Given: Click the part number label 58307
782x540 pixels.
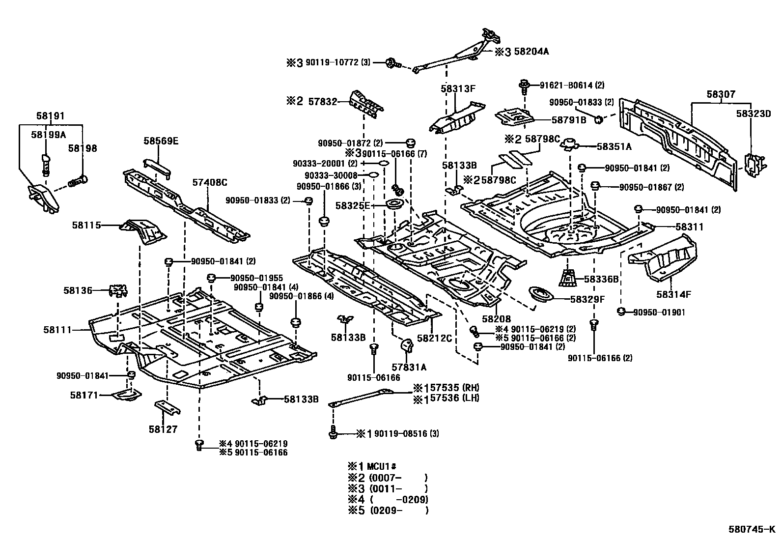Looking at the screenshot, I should point(721,94).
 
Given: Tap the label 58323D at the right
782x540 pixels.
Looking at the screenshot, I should point(753,114).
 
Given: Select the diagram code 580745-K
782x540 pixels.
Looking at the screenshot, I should point(752,530).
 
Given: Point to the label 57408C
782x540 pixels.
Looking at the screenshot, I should point(209,182).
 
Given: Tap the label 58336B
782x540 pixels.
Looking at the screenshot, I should point(601,279).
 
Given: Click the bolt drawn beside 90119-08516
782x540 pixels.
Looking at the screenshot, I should point(333,434).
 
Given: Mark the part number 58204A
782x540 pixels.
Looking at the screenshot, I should point(531,51).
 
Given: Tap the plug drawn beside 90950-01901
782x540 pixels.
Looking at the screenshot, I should point(620,311).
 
